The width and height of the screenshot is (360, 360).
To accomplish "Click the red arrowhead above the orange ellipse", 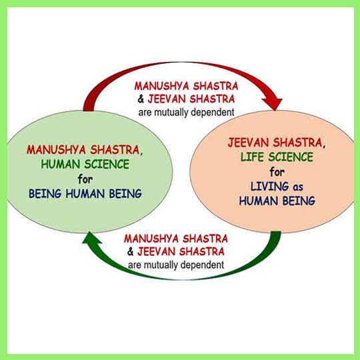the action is pos(272,103).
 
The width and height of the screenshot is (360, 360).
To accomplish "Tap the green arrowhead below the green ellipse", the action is pos(92,238).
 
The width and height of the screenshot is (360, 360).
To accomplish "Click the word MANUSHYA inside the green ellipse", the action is pos(56,150).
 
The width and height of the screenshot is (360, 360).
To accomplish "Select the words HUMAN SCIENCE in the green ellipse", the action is pos(85,165).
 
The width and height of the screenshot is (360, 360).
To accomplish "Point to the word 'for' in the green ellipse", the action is pos(85,179).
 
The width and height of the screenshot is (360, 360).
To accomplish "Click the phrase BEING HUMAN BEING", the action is pos(85,194).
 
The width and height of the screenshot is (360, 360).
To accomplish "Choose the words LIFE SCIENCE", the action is pos(277,157).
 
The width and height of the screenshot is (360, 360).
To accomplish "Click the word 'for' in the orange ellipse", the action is pos(277,172).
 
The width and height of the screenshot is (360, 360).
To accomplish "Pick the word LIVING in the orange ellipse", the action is pos(269,187).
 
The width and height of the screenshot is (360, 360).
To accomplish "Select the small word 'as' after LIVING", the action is pos(298,187).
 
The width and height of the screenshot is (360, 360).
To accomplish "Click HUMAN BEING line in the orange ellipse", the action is pos(277,201).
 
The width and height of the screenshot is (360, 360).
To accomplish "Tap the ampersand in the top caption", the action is pos(141,99).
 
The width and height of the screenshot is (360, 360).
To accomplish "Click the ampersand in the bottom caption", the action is pos(131,252).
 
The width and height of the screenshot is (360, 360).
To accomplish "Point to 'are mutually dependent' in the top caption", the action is pos(186,113).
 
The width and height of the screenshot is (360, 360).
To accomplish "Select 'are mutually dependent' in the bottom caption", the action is pos(176,265).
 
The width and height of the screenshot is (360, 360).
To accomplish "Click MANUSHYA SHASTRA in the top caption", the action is pos(186,86).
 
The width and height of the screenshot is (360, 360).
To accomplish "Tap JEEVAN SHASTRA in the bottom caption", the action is pos(181,251).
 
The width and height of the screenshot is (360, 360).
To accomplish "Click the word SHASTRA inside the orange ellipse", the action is pos(299,143).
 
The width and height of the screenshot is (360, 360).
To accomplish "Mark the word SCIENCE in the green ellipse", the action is pos(107,165).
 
